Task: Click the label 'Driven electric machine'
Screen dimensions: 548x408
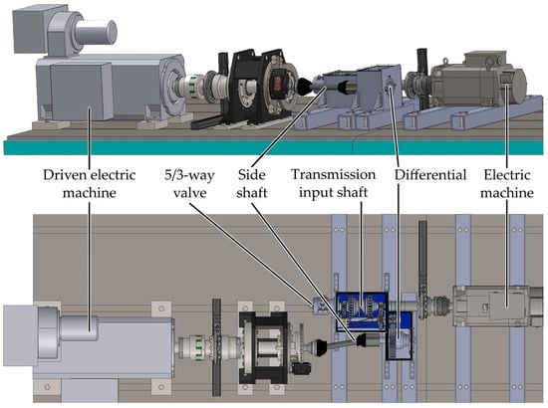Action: click(89, 184)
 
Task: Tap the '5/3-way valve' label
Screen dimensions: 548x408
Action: click(189, 184)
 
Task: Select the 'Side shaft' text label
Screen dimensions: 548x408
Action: click(252, 184)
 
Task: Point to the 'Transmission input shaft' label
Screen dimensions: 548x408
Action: click(334, 183)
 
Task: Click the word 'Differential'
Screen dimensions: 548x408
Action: click(430, 175)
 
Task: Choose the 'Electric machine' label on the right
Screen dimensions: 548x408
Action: click(507, 184)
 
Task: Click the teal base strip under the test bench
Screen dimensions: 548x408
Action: click(274, 147)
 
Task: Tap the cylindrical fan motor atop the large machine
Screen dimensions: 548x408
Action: click(96, 33)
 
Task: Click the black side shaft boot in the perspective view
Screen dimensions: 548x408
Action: click(305, 87)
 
